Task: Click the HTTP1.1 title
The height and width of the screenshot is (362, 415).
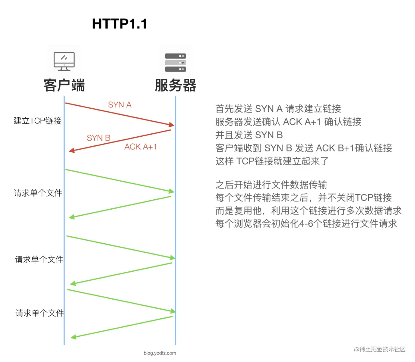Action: (119, 24)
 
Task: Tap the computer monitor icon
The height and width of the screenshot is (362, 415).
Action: (64, 61)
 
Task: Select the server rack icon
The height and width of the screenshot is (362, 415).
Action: (175, 62)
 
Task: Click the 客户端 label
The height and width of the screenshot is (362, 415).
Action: (64, 86)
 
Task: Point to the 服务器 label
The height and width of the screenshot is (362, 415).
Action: (175, 86)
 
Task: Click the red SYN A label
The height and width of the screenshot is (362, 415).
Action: (119, 105)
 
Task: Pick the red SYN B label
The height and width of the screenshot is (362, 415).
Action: (98, 138)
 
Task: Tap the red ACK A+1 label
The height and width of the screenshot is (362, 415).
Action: (140, 147)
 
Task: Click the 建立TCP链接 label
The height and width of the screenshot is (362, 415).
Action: (38, 121)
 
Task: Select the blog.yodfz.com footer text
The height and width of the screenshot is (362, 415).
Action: (160, 353)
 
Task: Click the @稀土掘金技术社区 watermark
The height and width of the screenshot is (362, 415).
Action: (380, 349)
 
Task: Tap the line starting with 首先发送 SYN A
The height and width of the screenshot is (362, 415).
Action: (278, 109)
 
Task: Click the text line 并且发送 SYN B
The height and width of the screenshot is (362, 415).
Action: (249, 135)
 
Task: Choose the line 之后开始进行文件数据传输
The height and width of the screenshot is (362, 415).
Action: (271, 185)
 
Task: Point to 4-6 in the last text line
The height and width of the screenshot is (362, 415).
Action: (306, 224)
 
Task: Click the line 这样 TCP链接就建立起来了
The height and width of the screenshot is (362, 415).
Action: (272, 161)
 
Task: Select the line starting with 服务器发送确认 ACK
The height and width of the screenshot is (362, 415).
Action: (288, 122)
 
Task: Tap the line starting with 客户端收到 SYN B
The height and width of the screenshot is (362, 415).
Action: (304, 148)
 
